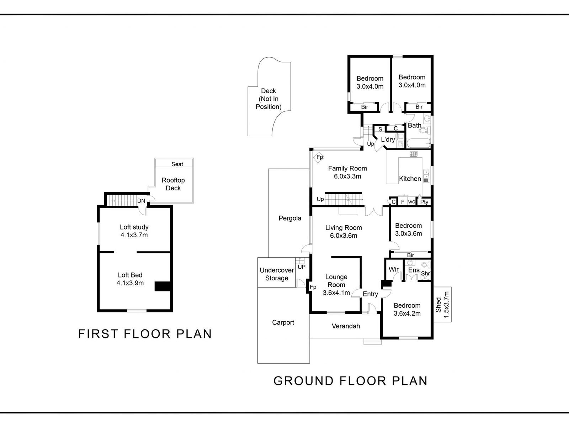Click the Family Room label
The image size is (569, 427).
[347, 169]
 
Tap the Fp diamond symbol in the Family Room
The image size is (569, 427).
[319, 157]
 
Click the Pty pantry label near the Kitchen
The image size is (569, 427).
[424, 202]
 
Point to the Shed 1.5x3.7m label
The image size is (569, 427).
[442, 305]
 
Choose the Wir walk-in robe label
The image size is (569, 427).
[394, 269]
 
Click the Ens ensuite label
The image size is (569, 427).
[414, 270]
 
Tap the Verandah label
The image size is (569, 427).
[346, 326]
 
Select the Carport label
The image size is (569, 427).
[283, 322]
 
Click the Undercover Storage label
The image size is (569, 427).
[277, 274]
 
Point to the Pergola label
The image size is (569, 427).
[290, 218]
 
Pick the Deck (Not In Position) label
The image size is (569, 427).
[268, 99]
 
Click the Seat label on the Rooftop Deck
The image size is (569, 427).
[177, 164]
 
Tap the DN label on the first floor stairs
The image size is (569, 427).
[141, 201]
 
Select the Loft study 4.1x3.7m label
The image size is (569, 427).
[134, 231]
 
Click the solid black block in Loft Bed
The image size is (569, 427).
[163, 286]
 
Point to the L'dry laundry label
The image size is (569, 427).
[388, 139]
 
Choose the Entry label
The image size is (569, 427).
[370, 294]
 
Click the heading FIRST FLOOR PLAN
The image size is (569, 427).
[145, 334]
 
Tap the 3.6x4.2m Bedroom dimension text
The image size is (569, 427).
[407, 313]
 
